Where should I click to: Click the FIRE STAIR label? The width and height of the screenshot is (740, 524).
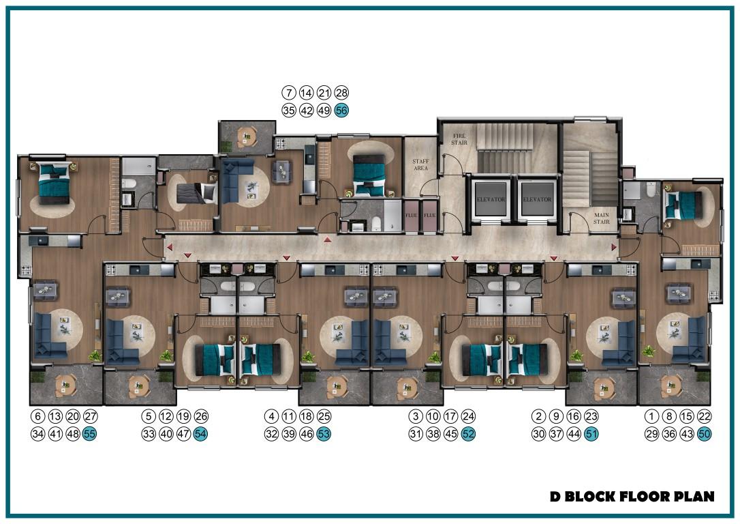click(459, 139)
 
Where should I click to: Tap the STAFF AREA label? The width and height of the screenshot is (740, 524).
click(420, 164)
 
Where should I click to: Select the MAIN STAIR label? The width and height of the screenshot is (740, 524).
click(601, 218)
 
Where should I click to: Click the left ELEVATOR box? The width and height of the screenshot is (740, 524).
click(491, 199)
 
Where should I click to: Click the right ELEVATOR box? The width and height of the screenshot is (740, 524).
click(537, 199)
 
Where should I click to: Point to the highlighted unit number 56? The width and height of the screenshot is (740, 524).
click(341, 111)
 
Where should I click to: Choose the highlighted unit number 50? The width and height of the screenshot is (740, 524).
click(704, 434)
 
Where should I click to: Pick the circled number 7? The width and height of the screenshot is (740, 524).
click(289, 93)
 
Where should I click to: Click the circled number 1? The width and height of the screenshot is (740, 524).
click(651, 416)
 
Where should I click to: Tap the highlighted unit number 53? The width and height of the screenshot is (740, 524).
click(324, 434)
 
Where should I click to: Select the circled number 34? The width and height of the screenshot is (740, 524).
click(37, 434)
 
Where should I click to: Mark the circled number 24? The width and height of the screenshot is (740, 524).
click(468, 416)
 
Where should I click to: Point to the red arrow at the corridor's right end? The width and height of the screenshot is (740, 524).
click(614, 247)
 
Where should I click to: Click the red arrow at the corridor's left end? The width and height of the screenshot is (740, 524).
click(170, 247)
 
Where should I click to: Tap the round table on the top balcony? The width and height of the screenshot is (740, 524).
click(246, 136)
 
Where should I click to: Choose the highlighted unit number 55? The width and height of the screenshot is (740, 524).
click(90, 434)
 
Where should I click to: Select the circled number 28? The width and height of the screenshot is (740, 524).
click(341, 93)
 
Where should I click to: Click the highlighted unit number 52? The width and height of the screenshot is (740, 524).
click(468, 434)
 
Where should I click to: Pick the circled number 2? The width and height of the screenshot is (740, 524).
click(538, 416)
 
